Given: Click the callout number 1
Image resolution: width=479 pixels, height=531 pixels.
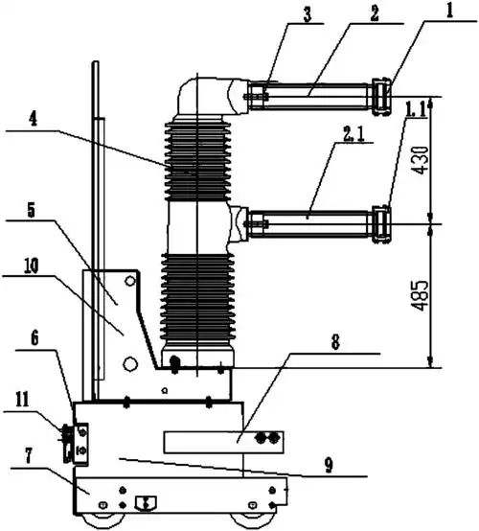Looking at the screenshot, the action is point(449,10).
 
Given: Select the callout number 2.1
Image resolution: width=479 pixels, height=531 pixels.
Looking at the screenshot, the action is point(354,134).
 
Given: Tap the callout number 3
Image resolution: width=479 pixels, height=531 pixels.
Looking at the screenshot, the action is point(307,14).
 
